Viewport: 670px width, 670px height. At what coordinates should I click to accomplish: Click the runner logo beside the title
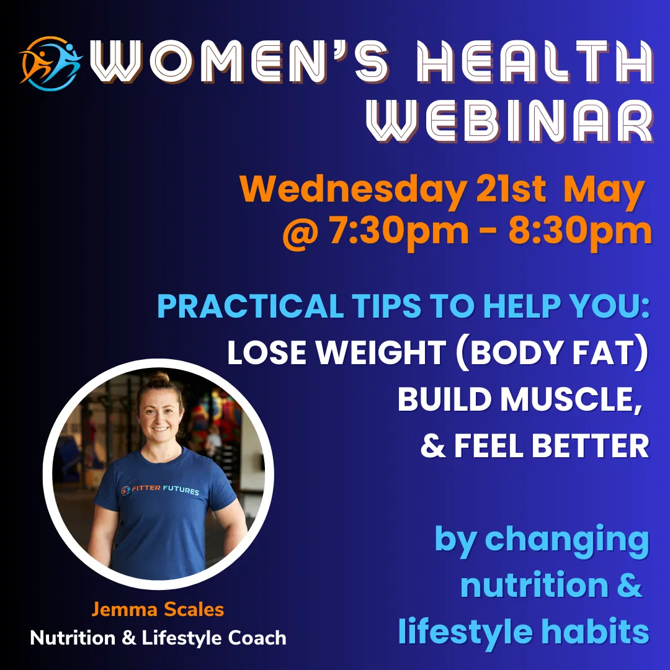pos(50,63)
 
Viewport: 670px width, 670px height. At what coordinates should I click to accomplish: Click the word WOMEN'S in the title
pos(239,61)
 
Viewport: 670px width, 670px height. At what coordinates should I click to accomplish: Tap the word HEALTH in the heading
pos(535,61)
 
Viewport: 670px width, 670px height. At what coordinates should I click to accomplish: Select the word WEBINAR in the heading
pos(510,121)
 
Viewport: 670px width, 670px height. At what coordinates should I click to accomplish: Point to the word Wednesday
pos(353,190)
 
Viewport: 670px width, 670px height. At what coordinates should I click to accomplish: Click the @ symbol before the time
pos(300,233)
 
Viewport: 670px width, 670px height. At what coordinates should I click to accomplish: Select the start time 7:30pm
pos(399,233)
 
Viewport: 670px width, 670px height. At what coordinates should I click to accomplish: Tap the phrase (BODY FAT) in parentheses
pos(552,352)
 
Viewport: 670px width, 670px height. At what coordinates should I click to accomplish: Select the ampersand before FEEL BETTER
pos(433,445)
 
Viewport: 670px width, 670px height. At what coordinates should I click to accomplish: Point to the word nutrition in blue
pos(535,585)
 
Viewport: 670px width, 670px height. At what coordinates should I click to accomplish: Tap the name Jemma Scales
pos(158,609)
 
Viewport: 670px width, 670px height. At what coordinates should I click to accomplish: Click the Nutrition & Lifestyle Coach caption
pos(158,638)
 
